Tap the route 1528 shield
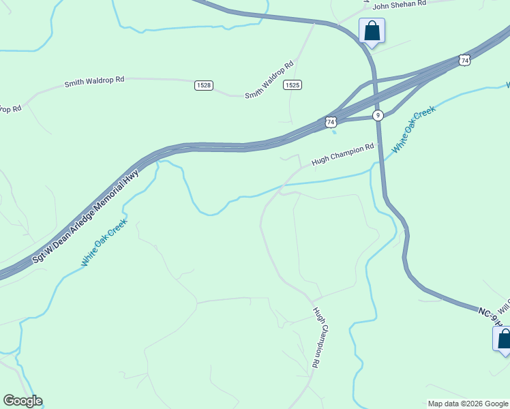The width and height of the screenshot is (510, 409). [x=203, y=85]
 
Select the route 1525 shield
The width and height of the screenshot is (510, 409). [x=292, y=85]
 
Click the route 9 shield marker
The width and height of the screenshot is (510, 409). [x=378, y=115]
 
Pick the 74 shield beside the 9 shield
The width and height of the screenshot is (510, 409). [x=331, y=122]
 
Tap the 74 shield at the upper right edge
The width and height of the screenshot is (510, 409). [x=464, y=61]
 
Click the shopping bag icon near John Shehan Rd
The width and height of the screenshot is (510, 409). [x=372, y=31]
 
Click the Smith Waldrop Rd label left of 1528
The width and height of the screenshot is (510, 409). [x=94, y=81]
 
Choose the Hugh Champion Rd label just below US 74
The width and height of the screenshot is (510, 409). [x=343, y=155]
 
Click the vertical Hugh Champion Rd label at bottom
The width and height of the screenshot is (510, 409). [x=316, y=337]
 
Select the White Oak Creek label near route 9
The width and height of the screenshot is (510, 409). [x=413, y=128]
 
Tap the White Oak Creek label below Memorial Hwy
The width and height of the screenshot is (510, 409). [x=104, y=242]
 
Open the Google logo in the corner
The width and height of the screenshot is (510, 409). [x=22, y=401]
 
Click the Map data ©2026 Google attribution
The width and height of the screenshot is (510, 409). [x=468, y=404]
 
